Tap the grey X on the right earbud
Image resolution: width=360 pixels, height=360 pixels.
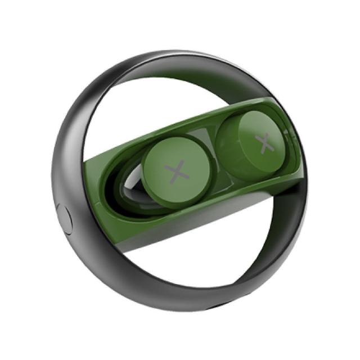(x=264, y=143)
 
